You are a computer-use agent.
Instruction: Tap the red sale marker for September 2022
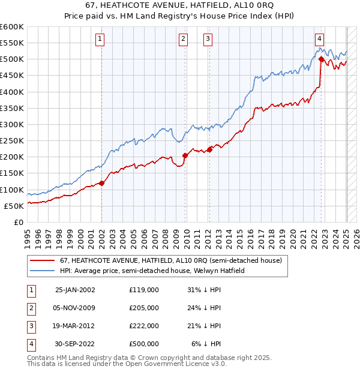coord(322,59)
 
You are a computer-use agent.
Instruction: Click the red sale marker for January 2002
coord(101,183)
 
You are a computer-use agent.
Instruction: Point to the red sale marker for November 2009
coord(185,155)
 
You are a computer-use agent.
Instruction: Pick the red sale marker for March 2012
coord(209,149)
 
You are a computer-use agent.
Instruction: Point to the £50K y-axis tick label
coord(14,206)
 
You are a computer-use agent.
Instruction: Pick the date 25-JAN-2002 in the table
coord(75,290)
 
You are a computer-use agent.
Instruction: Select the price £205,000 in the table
coord(144,308)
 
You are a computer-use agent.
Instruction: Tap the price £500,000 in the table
coord(144,344)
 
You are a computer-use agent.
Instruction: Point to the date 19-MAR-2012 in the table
coord(75,326)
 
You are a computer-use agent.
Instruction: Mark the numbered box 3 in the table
coord(29,326)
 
